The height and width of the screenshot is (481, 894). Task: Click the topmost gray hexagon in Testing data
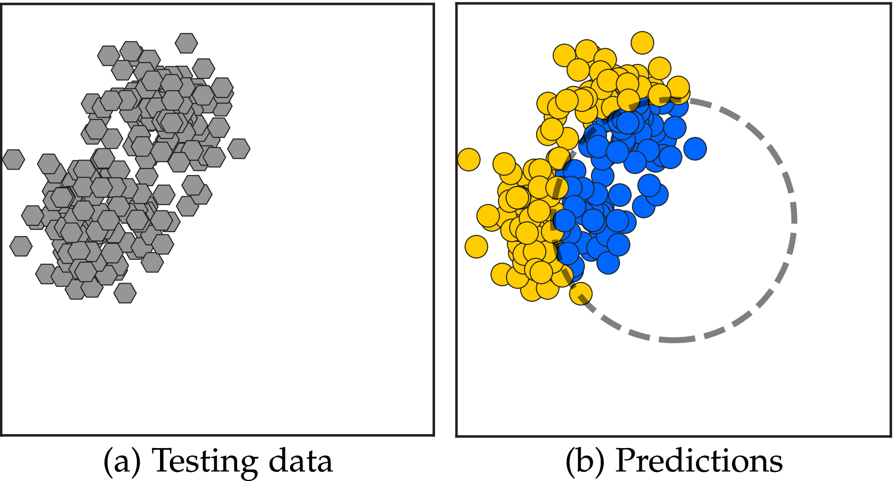[x=186, y=43]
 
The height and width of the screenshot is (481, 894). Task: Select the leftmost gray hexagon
[x=14, y=160]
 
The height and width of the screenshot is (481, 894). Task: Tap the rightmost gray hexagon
[x=238, y=148]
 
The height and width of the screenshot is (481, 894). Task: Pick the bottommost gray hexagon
[x=125, y=293]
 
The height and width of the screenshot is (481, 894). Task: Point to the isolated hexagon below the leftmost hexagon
[x=21, y=246]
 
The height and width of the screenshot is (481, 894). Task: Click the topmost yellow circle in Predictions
[x=642, y=43]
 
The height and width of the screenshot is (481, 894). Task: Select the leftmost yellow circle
[x=468, y=160]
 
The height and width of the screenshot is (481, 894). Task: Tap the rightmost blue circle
[x=695, y=149]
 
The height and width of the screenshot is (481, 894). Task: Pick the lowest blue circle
[x=608, y=262]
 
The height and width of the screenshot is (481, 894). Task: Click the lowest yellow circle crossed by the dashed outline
[x=581, y=294]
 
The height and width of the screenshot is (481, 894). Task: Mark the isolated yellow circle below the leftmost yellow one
[x=476, y=247]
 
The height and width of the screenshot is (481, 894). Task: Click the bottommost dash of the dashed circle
[x=674, y=339]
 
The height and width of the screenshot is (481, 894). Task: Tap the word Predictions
[x=699, y=461]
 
